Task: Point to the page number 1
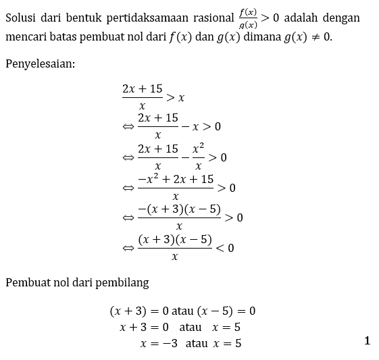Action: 368,341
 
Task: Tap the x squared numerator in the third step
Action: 197,149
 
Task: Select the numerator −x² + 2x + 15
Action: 176,179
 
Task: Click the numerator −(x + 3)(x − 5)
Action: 179,209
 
